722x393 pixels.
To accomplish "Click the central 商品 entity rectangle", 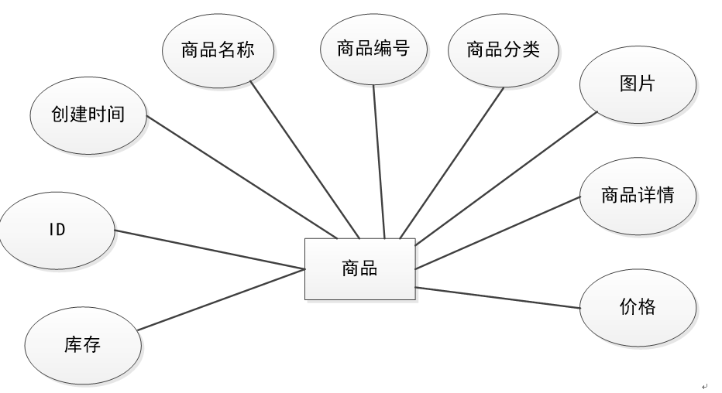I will (359, 268).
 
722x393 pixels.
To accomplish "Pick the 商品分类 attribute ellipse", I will (503, 50).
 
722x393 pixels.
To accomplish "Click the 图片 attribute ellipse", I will (637, 84).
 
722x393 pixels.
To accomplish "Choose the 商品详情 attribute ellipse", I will (637, 195).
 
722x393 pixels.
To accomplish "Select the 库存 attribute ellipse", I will (83, 344).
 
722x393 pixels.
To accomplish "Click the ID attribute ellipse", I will (57, 230).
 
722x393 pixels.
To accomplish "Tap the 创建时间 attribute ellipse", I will (88, 116).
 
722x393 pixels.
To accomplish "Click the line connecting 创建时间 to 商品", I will (242, 178).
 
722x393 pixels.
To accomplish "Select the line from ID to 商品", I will (209, 249).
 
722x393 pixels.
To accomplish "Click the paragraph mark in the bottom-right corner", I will (704, 385).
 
